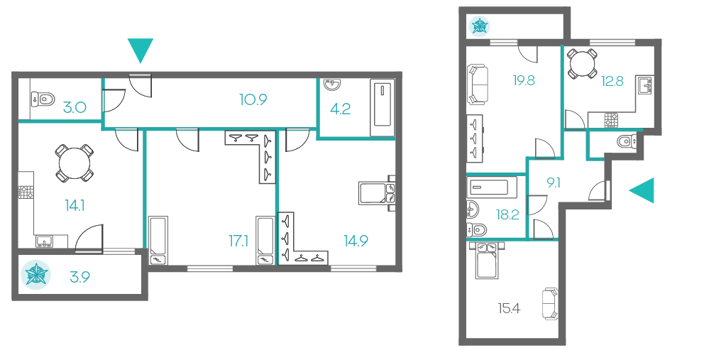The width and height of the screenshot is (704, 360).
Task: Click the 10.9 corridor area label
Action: [x=253, y=100]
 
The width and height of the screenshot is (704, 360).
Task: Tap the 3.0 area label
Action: [x=75, y=108]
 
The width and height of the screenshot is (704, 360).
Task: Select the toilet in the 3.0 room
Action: [x=43, y=98]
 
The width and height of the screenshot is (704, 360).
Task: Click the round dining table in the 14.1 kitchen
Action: [x=75, y=163]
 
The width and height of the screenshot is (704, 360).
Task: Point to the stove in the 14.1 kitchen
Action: [x=26, y=192]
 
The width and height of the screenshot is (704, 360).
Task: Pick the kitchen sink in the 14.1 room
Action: [x=45, y=242]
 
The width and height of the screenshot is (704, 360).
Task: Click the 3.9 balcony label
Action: [x=80, y=277]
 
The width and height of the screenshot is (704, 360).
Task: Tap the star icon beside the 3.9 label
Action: [x=36, y=275]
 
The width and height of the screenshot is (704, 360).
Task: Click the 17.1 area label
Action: [x=238, y=241]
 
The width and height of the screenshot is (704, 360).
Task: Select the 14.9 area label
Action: [x=356, y=241]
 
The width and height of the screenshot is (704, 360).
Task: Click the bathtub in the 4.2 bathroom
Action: [x=382, y=107]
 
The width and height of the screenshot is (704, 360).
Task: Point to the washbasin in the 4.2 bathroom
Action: [x=332, y=84]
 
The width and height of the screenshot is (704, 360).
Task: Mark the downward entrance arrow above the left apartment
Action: [x=141, y=50]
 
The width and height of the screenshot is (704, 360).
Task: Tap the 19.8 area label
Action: [x=524, y=80]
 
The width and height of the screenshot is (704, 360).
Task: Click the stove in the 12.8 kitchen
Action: [x=611, y=120]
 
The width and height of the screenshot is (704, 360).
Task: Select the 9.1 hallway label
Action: [x=553, y=183]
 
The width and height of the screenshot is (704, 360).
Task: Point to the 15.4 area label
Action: [x=509, y=309]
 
